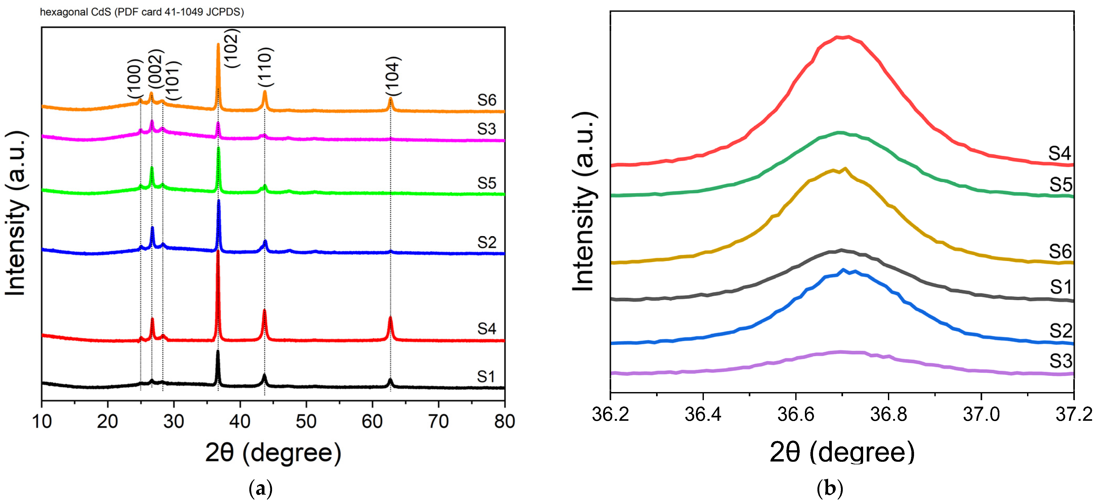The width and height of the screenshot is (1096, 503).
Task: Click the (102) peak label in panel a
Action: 232,48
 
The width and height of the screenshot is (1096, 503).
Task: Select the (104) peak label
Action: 392,76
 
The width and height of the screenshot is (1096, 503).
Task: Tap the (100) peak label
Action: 134,80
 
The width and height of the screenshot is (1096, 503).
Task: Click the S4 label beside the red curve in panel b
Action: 1060,153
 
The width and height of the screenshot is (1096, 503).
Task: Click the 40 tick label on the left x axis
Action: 240,421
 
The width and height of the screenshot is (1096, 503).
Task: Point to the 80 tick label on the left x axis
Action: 504,421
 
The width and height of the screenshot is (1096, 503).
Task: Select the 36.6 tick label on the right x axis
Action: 796,414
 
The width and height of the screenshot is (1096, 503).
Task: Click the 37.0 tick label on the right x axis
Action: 981,414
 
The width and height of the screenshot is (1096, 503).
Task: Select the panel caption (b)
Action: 830,489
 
